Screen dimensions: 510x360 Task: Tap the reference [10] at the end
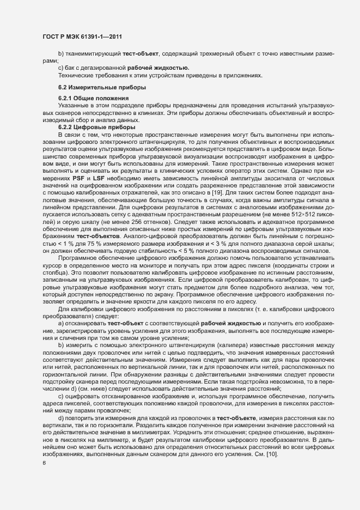271,454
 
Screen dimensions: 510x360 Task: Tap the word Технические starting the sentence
76,75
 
